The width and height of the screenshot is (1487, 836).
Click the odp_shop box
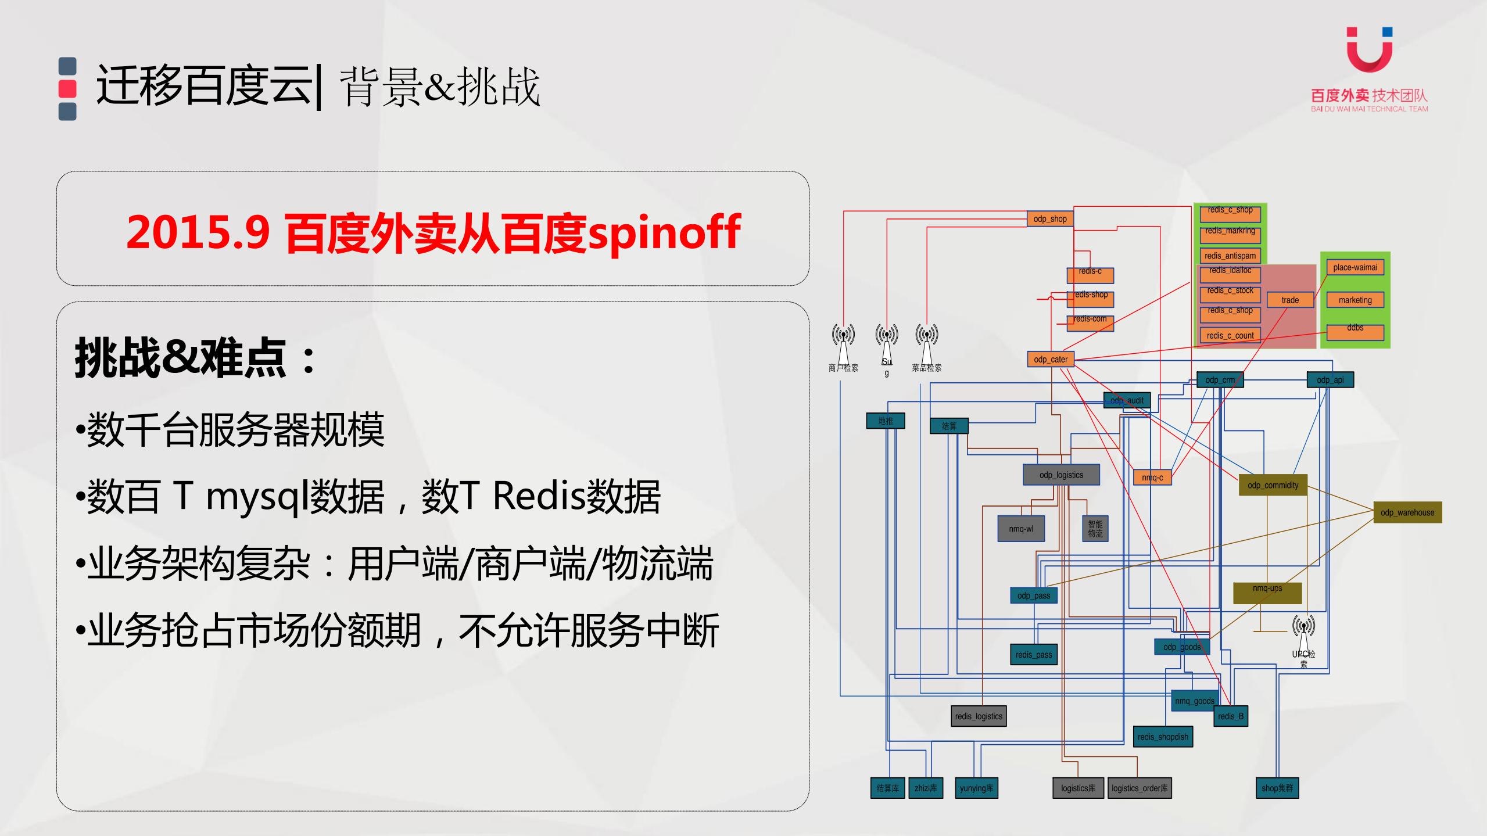click(1049, 219)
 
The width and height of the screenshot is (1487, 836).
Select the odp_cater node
click(1050, 360)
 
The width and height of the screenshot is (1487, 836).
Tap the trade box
click(1289, 300)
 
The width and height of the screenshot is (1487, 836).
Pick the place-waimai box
click(1355, 267)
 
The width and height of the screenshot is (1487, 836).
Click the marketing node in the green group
click(1355, 300)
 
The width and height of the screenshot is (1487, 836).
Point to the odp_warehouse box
click(1407, 512)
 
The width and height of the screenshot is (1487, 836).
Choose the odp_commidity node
click(1273, 485)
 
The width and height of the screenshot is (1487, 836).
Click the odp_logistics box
click(1061, 475)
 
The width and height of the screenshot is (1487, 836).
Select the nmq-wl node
click(1021, 529)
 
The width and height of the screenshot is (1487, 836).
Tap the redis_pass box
click(1033, 655)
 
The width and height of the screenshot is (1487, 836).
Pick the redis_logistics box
click(979, 716)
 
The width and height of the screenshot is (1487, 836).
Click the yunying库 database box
click(976, 788)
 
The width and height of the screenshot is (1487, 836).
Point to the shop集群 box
click(1277, 788)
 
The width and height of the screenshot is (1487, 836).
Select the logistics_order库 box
click(1139, 788)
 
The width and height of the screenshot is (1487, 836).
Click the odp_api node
click(1330, 380)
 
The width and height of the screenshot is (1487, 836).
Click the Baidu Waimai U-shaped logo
click(1369, 50)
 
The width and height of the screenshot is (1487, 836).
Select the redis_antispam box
click(1230, 256)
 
